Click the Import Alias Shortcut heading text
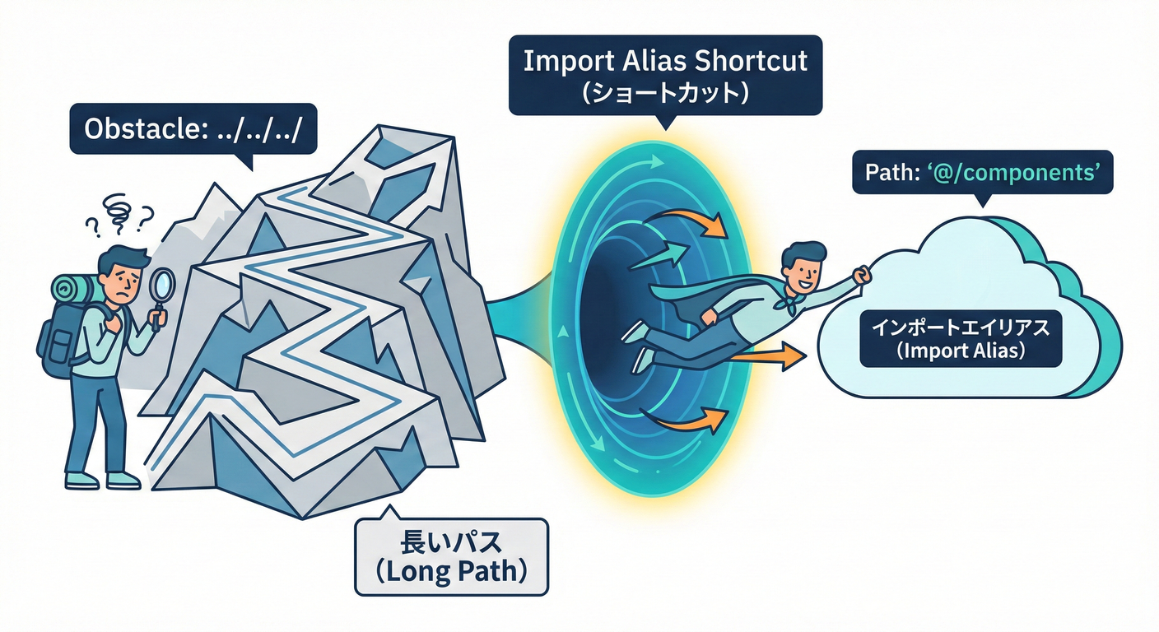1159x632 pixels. [665, 62]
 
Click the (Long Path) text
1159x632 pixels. [451, 572]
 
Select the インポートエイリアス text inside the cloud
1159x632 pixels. [961, 327]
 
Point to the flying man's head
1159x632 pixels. [801, 263]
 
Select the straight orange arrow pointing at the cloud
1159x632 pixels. [766, 356]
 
